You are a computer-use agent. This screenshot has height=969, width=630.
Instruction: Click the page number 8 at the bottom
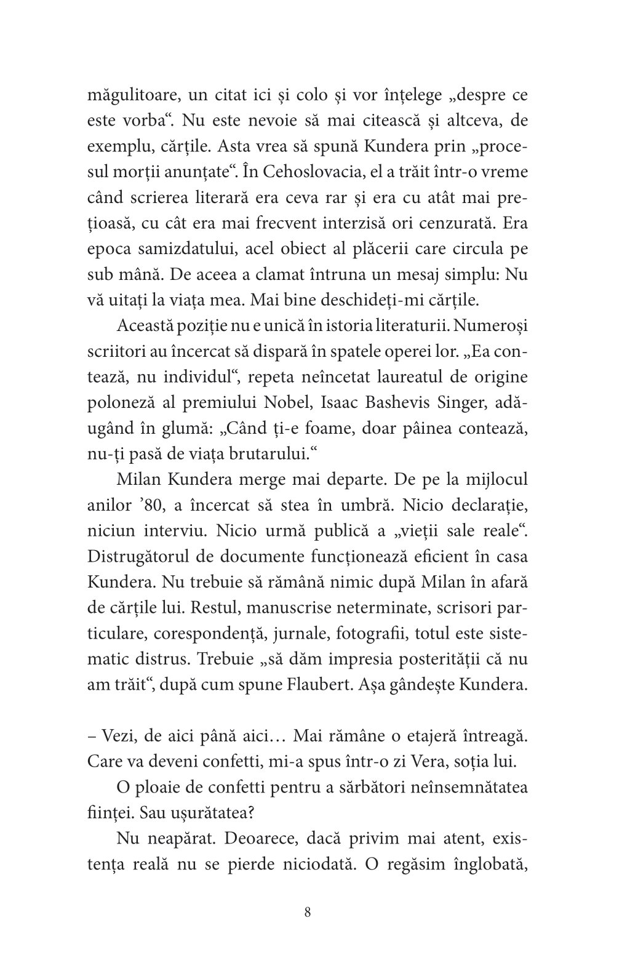[308, 912]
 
